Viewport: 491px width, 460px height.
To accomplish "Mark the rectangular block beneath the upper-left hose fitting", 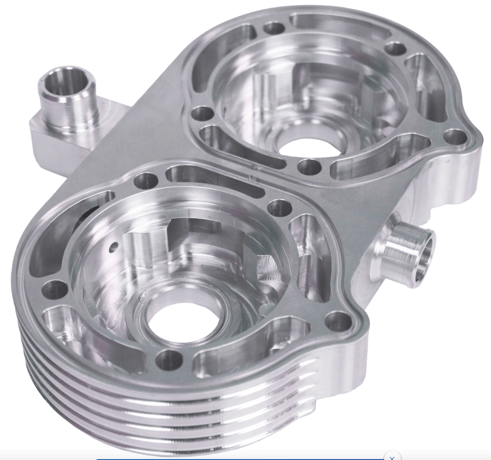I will click(50, 141).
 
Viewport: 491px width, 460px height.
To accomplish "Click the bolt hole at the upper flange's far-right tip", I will click(454, 136).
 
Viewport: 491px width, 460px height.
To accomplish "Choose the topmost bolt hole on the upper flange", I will click(274, 28).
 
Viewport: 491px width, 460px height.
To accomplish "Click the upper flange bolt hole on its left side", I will click(203, 113).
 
